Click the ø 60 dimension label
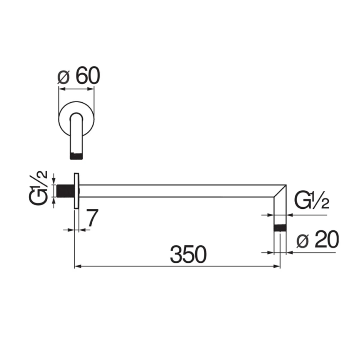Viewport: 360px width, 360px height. pos(79,76)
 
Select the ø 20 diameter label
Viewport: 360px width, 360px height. pos(318,241)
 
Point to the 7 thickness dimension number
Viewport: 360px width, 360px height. pos(91,219)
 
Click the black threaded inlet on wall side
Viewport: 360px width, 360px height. pos(66,190)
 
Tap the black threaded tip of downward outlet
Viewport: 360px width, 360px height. pos(280,228)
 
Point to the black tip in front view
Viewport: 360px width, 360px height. pos(77,156)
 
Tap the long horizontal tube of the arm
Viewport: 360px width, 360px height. pos(180,191)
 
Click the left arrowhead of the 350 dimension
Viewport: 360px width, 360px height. pos(77,267)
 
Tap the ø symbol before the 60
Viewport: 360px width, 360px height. pos(63,77)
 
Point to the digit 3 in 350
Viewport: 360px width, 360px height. pos(176,255)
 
